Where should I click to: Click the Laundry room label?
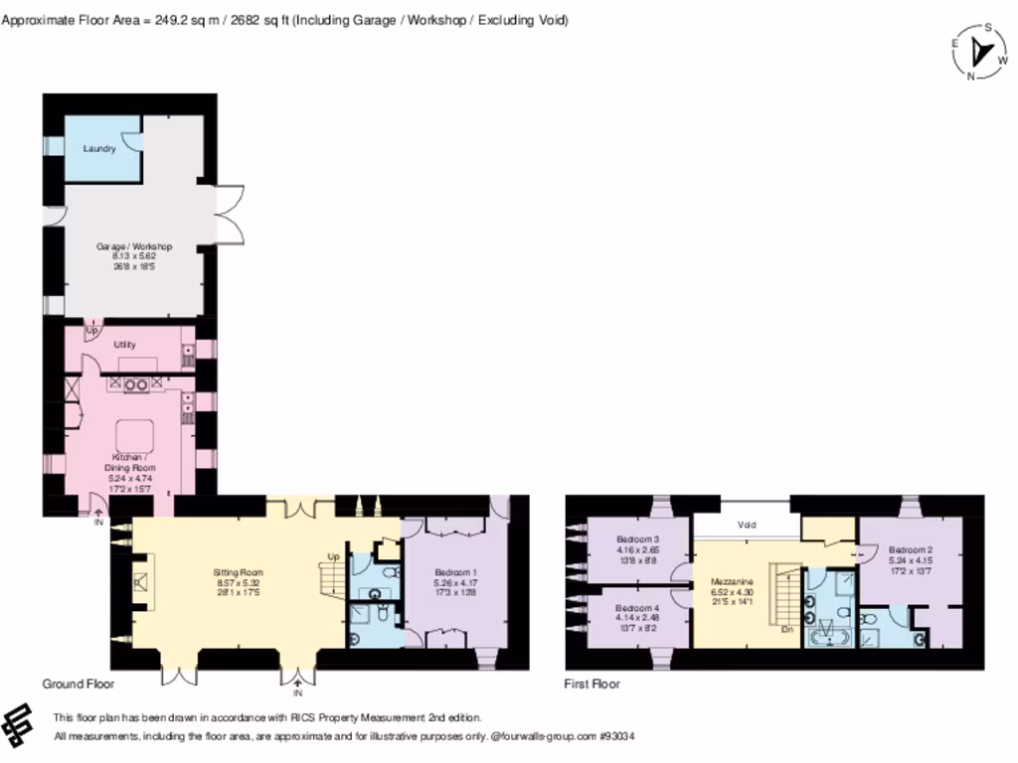pyautogui.click(x=99, y=148)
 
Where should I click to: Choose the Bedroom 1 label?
pyautogui.click(x=456, y=573)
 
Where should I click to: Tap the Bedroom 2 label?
pyautogui.click(x=910, y=549)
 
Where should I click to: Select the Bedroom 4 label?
pyautogui.click(x=637, y=608)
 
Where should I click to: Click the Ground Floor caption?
pyautogui.click(x=78, y=685)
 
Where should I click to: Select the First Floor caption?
pyautogui.click(x=593, y=685)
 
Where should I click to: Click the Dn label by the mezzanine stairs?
pyautogui.click(x=786, y=628)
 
